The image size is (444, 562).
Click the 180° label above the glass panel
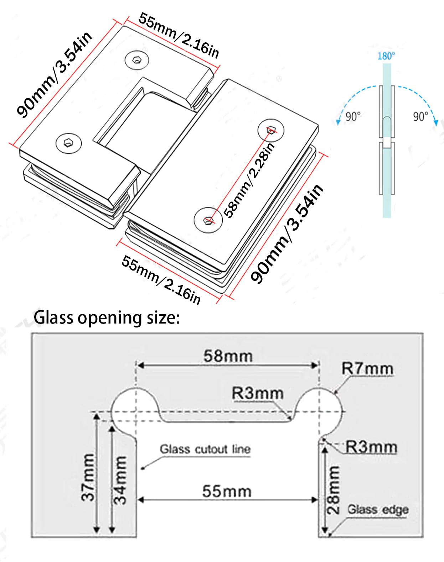click(x=386, y=56)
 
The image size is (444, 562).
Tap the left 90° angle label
click(x=353, y=116)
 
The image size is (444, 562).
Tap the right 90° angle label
click(x=420, y=116)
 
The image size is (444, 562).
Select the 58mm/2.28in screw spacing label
click(x=249, y=180)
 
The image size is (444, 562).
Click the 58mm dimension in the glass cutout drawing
click(x=228, y=356)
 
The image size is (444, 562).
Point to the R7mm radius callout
click(x=367, y=369)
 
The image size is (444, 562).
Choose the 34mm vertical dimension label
click(x=120, y=480)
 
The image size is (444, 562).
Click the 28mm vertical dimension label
click(x=333, y=489)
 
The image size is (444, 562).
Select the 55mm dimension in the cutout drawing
click(x=227, y=492)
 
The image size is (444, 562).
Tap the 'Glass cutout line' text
click(x=205, y=449)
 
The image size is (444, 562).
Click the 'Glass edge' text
click(x=378, y=509)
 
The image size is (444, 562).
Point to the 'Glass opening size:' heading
click(x=107, y=317)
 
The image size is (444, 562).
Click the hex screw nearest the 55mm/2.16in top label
click(x=137, y=59)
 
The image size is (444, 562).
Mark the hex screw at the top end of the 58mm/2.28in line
click(x=271, y=130)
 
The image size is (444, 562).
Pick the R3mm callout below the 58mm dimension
click(x=258, y=394)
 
